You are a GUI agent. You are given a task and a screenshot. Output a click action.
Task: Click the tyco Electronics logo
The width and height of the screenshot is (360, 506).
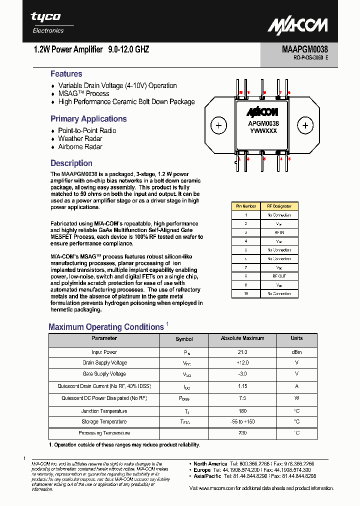[48, 22]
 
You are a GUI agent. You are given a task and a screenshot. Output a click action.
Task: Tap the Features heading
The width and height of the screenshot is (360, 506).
[66, 74]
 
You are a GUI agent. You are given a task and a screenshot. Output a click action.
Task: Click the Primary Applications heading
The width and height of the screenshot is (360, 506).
[88, 119]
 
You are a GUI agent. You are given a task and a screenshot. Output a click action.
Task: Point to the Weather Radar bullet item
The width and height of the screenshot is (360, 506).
[80, 138]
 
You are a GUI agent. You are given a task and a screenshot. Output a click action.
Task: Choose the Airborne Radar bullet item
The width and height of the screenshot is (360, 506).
[80, 147]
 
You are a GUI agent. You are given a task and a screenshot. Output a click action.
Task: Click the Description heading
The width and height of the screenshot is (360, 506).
[71, 163]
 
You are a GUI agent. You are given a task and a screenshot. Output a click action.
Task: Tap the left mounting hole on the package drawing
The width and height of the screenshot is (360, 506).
[218, 125]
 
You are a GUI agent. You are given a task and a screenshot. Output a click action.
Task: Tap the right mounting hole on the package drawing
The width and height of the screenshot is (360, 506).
[304, 125]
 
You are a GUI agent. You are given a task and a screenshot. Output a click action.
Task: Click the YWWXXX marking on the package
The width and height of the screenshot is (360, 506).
[263, 131]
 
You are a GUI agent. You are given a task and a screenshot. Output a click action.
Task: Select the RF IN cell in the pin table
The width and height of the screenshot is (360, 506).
[278, 232]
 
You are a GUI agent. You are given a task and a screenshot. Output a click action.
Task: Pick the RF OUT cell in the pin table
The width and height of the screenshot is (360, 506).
[278, 276]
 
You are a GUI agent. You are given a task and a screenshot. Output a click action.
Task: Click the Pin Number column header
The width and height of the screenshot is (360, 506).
[246, 206]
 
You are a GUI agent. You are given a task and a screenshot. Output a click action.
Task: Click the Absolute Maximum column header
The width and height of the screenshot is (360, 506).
[242, 338]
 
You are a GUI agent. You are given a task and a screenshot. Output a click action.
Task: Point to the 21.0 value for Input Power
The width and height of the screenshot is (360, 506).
[242, 352]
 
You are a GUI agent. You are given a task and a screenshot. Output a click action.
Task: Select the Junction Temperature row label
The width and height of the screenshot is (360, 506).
[104, 411]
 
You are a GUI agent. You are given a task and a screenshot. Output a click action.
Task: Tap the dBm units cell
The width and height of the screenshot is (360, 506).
[296, 352]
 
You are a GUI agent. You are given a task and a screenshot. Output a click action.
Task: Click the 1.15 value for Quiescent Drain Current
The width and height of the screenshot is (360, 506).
[242, 386]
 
